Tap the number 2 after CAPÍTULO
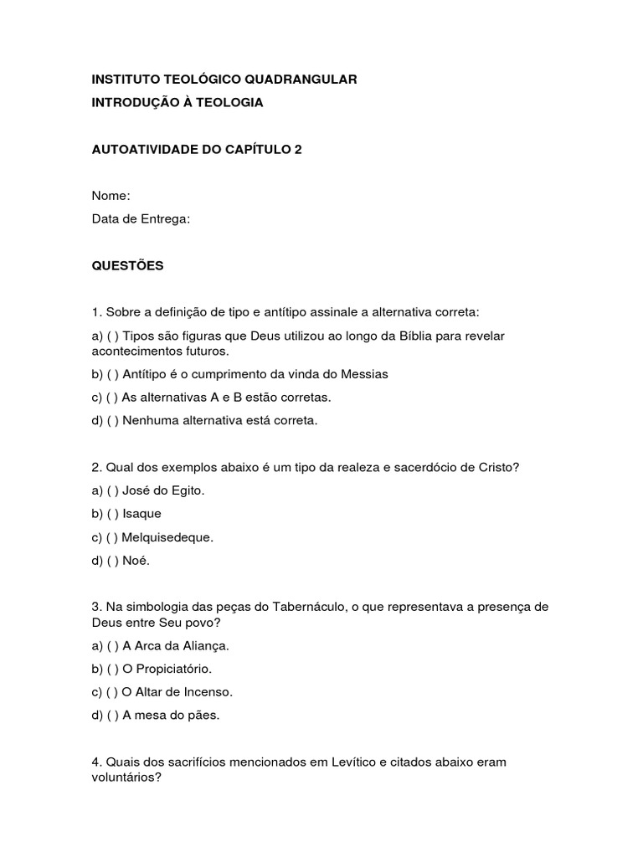pos(297,149)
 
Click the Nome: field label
pos(111,196)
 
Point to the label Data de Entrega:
pos(141,219)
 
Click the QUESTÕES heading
pos(127,266)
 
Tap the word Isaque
pos(141,514)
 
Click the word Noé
pos(136,561)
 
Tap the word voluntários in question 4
pos(126,777)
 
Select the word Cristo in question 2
pos(500,467)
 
